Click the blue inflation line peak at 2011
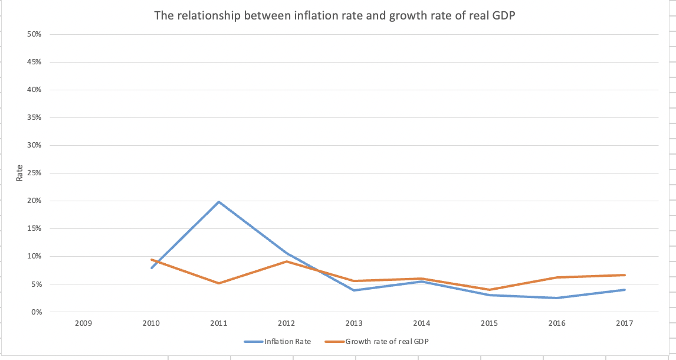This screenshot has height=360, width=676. [x=219, y=202]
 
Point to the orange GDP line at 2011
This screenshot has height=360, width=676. [x=219, y=283]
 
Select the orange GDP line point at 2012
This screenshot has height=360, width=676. [x=287, y=261]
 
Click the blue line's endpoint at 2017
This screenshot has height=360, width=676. [x=625, y=290]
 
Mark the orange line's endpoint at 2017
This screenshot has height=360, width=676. [x=625, y=275]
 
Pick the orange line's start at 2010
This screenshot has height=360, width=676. [x=152, y=260]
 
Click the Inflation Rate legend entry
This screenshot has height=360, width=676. [x=287, y=341]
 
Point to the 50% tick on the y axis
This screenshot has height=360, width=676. [x=34, y=34]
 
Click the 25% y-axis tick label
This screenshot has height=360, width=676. [x=34, y=173]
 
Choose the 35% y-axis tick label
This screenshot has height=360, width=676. [x=34, y=117]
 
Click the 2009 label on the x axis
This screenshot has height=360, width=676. [x=84, y=323]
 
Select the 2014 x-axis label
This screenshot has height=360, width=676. [x=422, y=323]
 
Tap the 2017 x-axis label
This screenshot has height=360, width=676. [x=625, y=323]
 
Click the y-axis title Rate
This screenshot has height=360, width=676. [x=19, y=173]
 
